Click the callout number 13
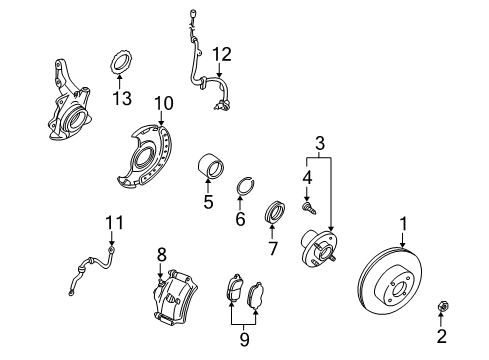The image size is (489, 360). point(121,98)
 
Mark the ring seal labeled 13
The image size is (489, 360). point(121,63)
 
